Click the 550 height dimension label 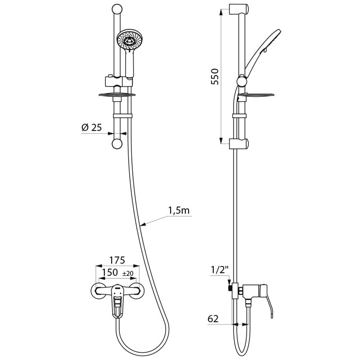215,77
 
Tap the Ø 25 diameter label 92,128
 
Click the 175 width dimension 117,261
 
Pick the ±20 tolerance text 127,274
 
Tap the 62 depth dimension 214,319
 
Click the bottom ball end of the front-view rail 117,144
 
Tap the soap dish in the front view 117,94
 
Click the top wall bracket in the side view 238,9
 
